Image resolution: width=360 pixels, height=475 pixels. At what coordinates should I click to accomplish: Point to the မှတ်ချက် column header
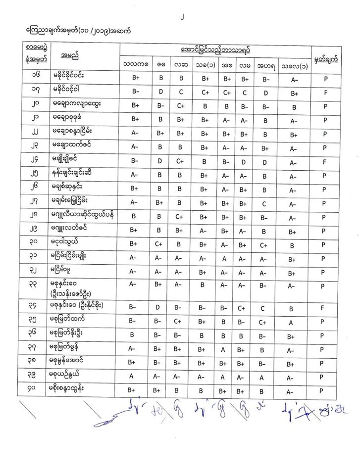coord(326,59)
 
